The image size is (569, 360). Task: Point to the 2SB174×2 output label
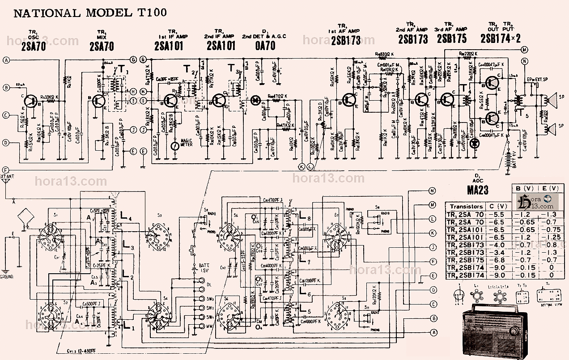pos(500,39)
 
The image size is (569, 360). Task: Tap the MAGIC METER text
pos(186,142)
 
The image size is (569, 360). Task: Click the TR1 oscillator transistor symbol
pos(31,101)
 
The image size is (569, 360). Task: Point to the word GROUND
pos(8,276)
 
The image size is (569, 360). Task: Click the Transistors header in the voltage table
pos(467,207)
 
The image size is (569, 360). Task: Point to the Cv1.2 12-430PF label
pos(80,351)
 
